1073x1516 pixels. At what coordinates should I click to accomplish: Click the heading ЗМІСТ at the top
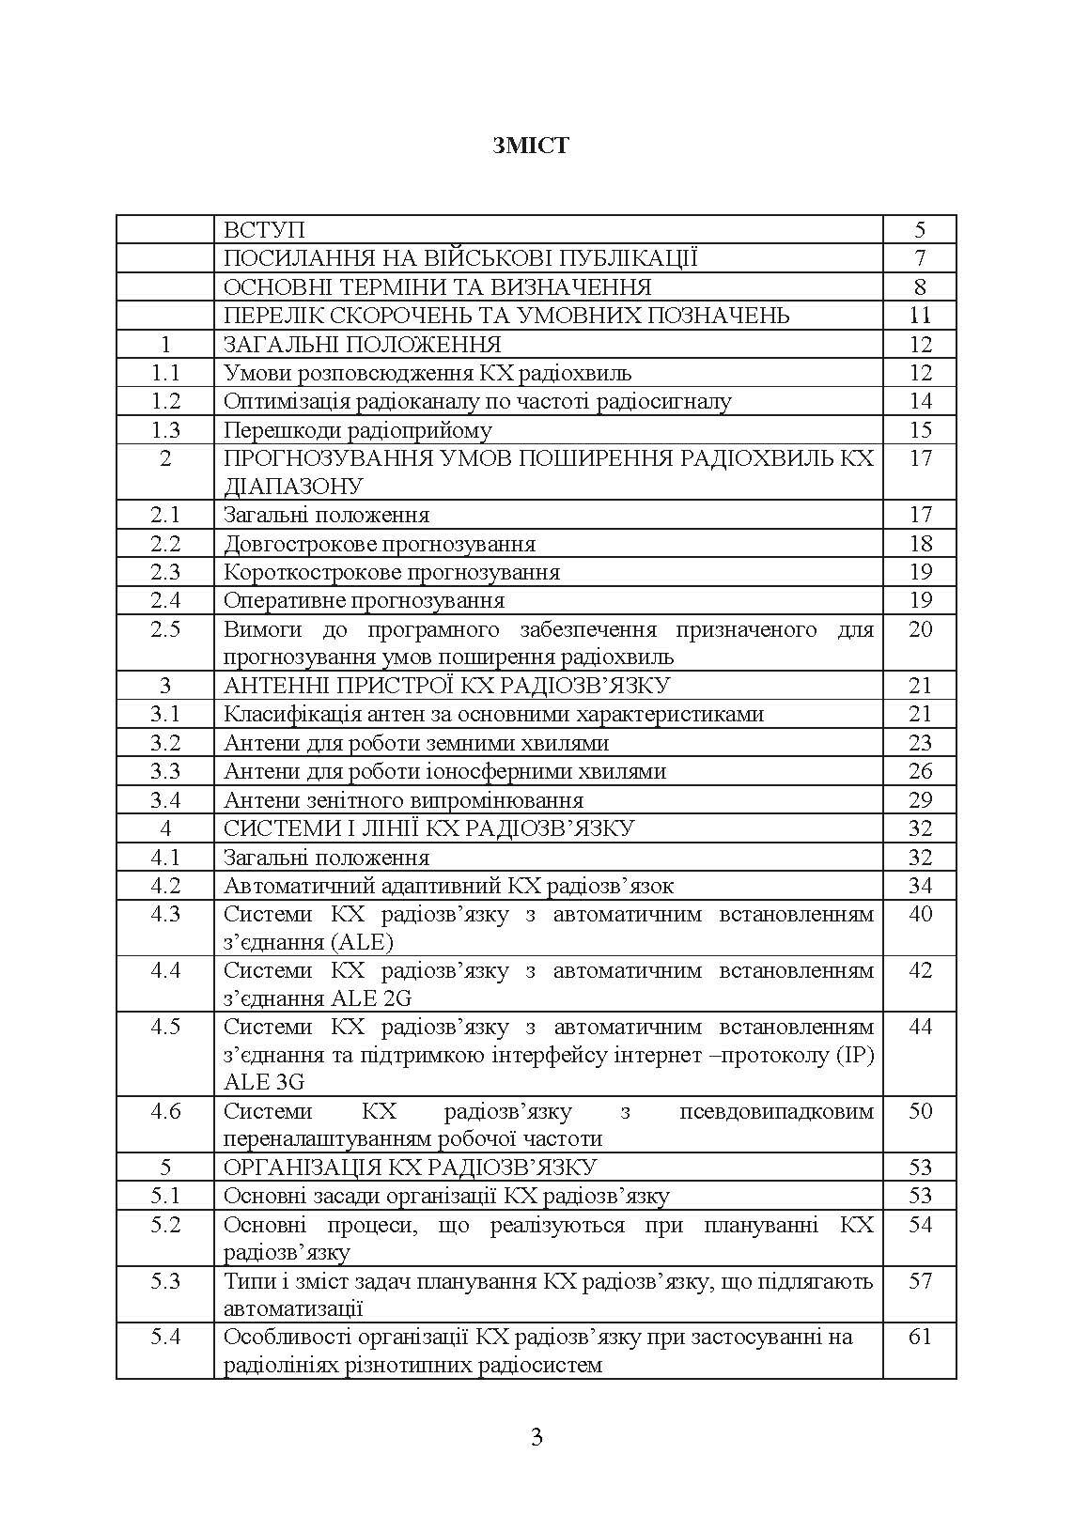[531, 146]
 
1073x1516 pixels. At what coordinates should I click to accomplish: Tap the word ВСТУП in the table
[264, 230]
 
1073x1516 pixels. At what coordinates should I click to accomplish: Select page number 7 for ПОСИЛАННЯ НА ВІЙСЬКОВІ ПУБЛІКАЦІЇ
[920, 258]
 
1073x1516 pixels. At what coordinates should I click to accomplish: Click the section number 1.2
[165, 401]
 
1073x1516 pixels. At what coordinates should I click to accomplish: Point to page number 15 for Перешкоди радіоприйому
[920, 430]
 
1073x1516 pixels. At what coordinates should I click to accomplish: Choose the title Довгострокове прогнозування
[379, 544]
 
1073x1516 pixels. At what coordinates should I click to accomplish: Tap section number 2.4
[165, 600]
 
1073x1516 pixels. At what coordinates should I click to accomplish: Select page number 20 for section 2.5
[920, 629]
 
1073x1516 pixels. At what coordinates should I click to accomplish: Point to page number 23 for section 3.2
[920, 743]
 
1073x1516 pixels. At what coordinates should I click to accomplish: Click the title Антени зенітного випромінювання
[403, 800]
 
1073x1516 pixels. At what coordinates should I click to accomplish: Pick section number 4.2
[165, 886]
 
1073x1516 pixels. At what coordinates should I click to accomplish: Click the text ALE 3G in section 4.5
[264, 1082]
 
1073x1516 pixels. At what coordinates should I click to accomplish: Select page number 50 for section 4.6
[920, 1111]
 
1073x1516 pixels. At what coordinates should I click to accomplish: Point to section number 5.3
[165, 1281]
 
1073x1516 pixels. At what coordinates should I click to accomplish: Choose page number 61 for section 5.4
[920, 1337]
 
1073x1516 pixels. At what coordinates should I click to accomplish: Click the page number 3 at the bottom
[536, 1437]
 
